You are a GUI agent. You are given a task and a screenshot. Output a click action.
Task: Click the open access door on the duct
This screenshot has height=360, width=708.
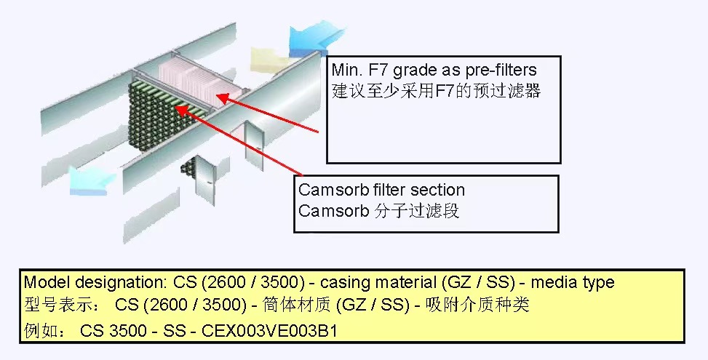point(254,144)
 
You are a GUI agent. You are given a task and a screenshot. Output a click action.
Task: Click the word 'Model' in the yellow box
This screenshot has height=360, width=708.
point(47,282)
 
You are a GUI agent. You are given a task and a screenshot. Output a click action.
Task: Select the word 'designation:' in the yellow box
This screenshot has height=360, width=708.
point(122,283)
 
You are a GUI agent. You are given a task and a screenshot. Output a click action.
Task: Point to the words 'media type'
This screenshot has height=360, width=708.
point(573,283)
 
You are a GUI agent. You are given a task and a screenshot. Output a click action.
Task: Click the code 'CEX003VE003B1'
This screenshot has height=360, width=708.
point(269,331)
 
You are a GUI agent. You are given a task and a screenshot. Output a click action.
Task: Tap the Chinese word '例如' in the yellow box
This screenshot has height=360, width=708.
point(40,331)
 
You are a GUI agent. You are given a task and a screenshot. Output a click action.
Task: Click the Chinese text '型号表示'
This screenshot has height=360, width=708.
point(57,305)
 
